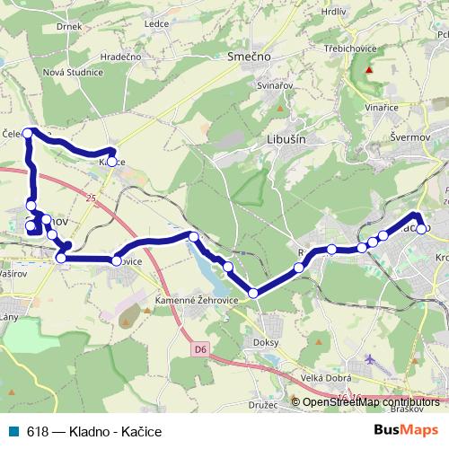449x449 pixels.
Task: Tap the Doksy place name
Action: (268, 343)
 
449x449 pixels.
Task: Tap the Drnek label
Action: (68, 26)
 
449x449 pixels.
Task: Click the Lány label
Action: (10, 318)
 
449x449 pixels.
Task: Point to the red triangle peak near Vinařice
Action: (368, 69)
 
